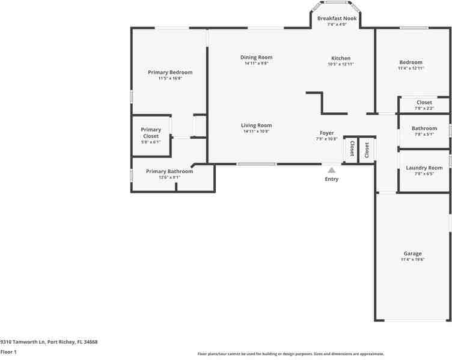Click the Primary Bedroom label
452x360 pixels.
click(x=170, y=72)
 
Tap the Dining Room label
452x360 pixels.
click(x=257, y=58)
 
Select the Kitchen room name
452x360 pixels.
click(x=341, y=58)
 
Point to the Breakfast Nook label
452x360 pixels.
click(x=337, y=19)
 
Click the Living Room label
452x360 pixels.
click(x=257, y=126)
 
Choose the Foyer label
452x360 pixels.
click(x=326, y=133)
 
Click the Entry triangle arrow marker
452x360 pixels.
click(x=331, y=170)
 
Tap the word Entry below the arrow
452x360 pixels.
click(x=331, y=179)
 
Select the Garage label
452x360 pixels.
click(x=412, y=254)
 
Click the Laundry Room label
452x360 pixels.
click(x=424, y=168)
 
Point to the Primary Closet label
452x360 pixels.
click(x=151, y=133)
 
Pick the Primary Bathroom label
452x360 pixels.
click(x=169, y=171)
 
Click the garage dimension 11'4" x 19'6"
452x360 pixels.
click(x=412, y=260)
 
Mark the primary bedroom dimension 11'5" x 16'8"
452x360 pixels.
click(x=170, y=78)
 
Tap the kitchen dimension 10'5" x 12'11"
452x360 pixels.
click(x=341, y=64)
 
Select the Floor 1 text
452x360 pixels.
click(x=8, y=352)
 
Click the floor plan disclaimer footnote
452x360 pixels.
click(x=290, y=354)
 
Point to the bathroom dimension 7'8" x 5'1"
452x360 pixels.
click(x=424, y=134)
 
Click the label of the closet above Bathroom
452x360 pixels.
click(x=424, y=102)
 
